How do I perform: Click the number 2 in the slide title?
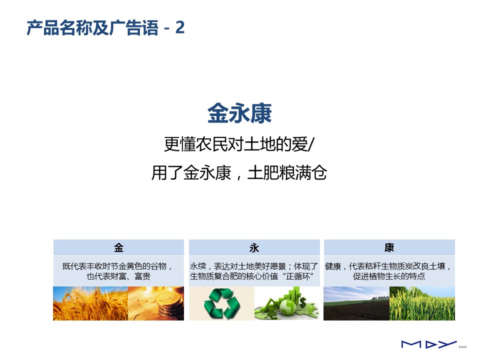point(180,28)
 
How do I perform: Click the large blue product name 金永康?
point(239,113)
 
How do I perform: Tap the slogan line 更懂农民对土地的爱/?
point(239,144)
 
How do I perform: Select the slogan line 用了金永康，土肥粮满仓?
point(239,172)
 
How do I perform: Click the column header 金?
point(119,247)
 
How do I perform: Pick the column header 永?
point(254,247)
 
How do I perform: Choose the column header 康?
point(389,247)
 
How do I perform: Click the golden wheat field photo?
point(90,303)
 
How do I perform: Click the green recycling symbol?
point(222,304)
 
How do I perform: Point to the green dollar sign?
point(302,303)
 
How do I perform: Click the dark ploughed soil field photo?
point(356,303)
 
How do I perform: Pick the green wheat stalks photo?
point(422,303)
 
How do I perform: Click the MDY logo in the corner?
point(429,344)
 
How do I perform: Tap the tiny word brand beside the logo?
point(462,347)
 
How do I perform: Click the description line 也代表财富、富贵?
point(119,276)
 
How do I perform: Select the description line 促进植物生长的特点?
point(389,276)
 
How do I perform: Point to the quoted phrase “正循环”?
point(298,276)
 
